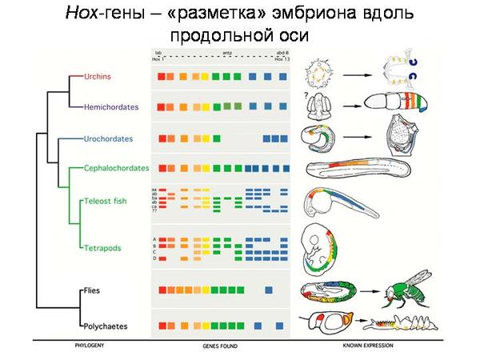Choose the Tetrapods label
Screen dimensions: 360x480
[x=102, y=248]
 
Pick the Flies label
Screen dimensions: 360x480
[x=90, y=290]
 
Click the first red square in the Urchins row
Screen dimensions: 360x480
[x=162, y=77]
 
